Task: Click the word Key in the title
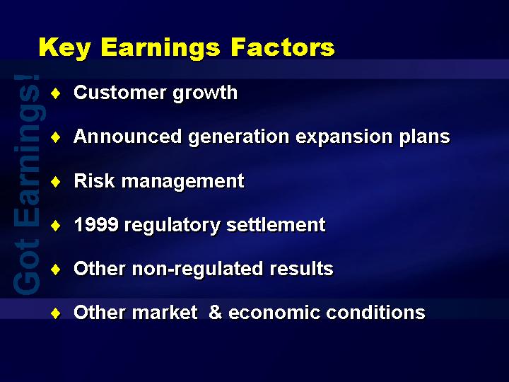tap(64, 48)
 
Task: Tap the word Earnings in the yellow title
tap(160, 48)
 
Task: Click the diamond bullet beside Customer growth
tap(56, 93)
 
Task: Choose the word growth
tap(205, 93)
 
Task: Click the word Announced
tap(127, 136)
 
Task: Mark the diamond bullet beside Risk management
tap(56, 182)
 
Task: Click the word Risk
tap(94, 180)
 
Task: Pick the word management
tap(183, 182)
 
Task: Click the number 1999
tap(96, 224)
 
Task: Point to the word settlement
tap(276, 224)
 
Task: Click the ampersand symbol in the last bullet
tap(215, 312)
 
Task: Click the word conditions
tap(375, 312)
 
